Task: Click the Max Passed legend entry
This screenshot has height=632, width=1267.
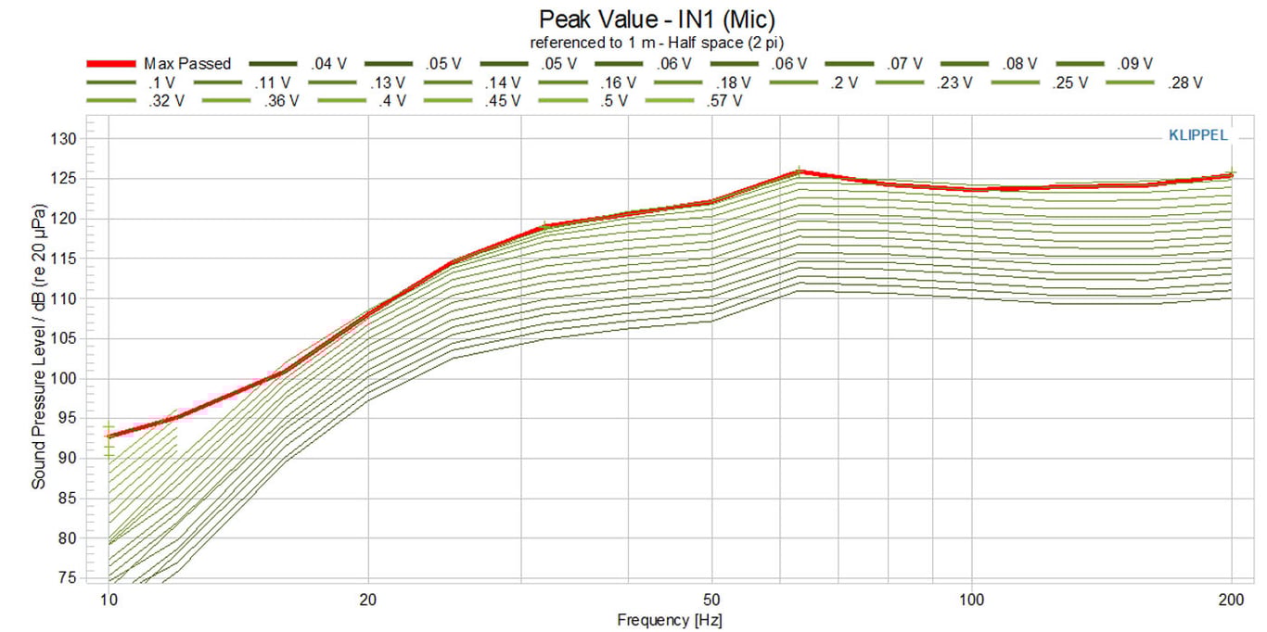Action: pyautogui.click(x=186, y=64)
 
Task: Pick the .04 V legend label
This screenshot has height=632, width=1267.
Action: pyautogui.click(x=329, y=64)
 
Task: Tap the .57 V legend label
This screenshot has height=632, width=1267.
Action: pyautogui.click(x=723, y=100)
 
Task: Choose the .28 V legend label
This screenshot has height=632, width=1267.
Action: pyautogui.click(x=1184, y=82)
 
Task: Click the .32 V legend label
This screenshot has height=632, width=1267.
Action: pyautogui.click(x=166, y=100)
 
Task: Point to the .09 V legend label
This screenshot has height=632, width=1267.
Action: pyautogui.click(x=1134, y=64)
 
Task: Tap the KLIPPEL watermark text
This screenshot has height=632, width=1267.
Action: pyautogui.click(x=1197, y=135)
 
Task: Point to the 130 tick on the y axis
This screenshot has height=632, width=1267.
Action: pyautogui.click(x=63, y=139)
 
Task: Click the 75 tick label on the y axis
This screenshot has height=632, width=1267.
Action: pyautogui.click(x=68, y=577)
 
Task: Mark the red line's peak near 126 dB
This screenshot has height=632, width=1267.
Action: pyautogui.click(x=799, y=171)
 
